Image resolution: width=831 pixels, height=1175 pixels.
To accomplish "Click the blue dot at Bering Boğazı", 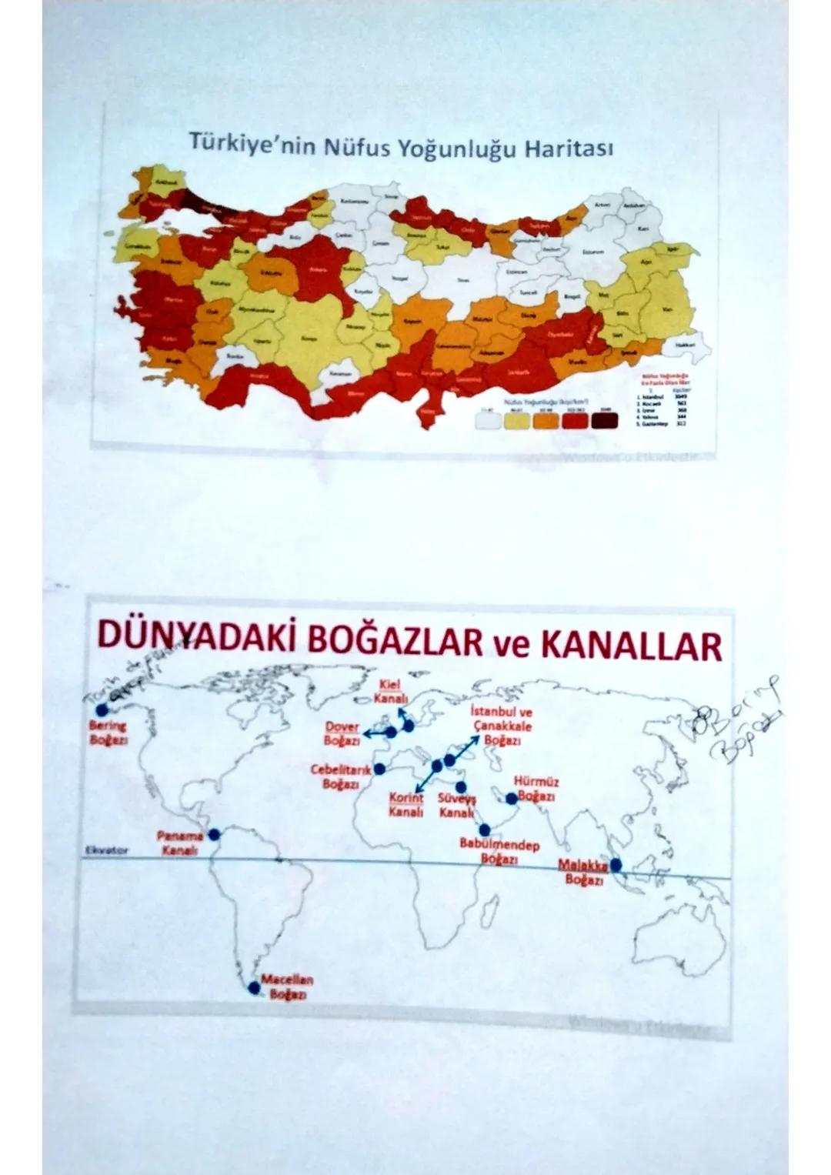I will (x=102, y=709).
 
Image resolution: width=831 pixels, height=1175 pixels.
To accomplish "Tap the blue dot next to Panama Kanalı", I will (x=214, y=833).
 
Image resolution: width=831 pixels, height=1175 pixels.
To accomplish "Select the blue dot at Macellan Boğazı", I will (x=253, y=987).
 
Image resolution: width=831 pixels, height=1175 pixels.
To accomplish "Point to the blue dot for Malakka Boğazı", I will (x=616, y=864).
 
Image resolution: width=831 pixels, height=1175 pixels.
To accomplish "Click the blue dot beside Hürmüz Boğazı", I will (x=512, y=799).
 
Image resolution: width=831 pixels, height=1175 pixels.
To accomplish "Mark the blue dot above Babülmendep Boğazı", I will (x=484, y=830).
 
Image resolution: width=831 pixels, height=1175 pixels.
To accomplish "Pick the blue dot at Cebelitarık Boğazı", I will (x=379, y=769).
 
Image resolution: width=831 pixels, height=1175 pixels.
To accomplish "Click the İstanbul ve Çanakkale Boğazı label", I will (x=500, y=726).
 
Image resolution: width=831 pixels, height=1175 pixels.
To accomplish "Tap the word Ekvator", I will (x=105, y=851).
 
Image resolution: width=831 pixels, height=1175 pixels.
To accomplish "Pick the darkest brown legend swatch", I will (x=604, y=419).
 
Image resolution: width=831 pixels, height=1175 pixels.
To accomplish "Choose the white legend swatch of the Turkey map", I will (x=486, y=419).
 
